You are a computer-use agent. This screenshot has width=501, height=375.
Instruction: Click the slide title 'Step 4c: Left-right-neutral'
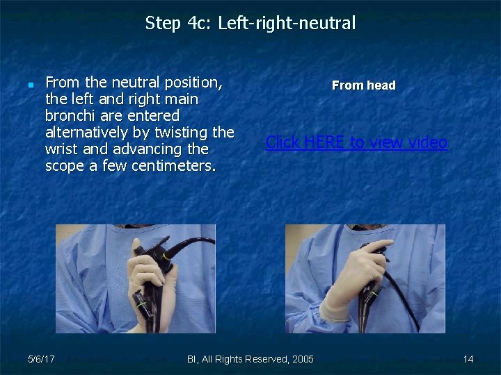[250, 24]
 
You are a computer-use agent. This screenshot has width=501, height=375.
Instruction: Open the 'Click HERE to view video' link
[356, 142]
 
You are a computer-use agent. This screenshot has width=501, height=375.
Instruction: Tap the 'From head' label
[363, 85]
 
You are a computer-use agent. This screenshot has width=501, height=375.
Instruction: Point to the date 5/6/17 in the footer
[42, 359]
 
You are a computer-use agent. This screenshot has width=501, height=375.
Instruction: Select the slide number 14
[468, 359]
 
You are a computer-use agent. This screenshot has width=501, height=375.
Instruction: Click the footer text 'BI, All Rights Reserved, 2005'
[250, 359]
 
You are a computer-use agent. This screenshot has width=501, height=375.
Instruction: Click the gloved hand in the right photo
[348, 292]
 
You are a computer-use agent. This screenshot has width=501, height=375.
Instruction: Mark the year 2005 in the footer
[302, 359]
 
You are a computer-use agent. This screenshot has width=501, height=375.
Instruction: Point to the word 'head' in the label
[381, 85]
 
